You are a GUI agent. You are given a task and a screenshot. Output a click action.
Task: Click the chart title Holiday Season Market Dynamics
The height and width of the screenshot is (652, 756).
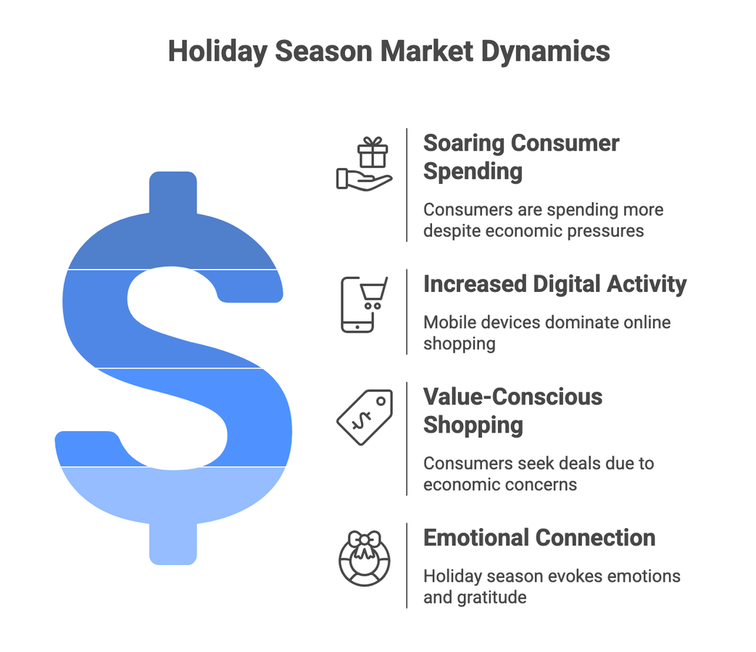pyautogui.click(x=389, y=52)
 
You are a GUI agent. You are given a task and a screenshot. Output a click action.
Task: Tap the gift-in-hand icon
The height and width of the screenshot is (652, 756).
pyautogui.click(x=364, y=165)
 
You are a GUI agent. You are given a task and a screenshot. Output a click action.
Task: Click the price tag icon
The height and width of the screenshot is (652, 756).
pyautogui.click(x=365, y=417)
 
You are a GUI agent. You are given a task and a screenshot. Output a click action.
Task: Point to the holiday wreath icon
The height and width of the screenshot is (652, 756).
pyautogui.click(x=365, y=559)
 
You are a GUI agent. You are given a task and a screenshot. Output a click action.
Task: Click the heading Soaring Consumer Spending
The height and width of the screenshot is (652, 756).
pyautogui.click(x=520, y=156)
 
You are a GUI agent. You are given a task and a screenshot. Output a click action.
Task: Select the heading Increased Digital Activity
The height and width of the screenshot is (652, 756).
pyautogui.click(x=554, y=284)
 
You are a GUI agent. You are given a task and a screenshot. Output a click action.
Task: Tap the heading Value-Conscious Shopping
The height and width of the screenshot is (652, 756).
pyautogui.click(x=512, y=411)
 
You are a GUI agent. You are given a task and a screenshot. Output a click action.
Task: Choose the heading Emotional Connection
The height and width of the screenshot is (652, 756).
pyautogui.click(x=539, y=538)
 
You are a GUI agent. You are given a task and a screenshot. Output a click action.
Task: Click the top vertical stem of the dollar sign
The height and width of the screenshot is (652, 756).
pyautogui.click(x=173, y=192)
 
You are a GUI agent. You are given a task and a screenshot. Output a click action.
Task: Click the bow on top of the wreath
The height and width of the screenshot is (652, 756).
pyautogui.click(x=365, y=540)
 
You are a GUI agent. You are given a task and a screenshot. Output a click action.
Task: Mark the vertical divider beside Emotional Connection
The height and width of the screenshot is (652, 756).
pyautogui.click(x=407, y=565)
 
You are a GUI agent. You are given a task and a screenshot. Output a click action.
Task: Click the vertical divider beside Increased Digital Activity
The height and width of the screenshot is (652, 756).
pyautogui.click(x=407, y=312)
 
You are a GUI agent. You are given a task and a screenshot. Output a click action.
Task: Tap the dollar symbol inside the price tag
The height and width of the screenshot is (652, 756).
pyautogui.click(x=360, y=421)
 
